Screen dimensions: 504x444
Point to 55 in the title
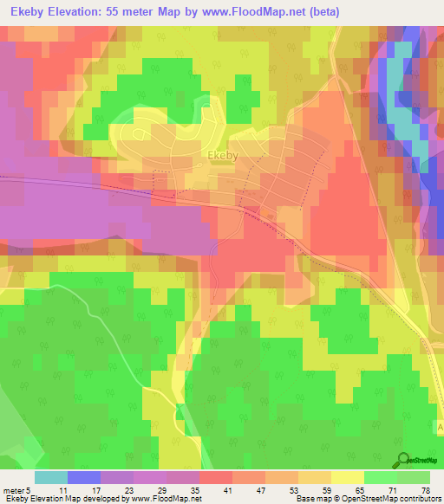tap(121, 11)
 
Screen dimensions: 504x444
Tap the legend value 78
tap(426, 490)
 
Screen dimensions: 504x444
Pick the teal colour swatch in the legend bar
tap(51, 477)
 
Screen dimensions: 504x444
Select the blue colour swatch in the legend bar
tap(84, 477)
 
